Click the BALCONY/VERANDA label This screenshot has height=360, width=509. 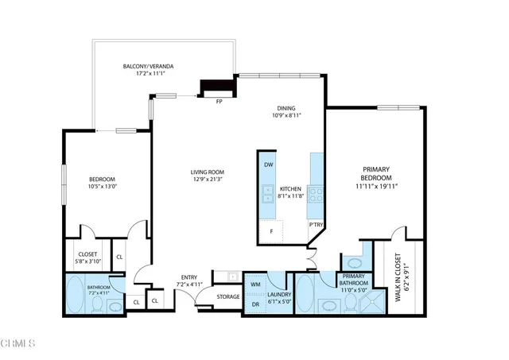pyautogui.click(x=148, y=66)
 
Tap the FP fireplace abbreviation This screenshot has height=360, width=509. pyautogui.click(x=219, y=101)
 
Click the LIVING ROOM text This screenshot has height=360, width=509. pyautogui.click(x=207, y=172)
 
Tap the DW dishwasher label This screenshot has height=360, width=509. pyautogui.click(x=269, y=165)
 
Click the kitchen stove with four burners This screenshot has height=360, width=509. pyautogui.click(x=316, y=192)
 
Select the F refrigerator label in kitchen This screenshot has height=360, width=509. pyautogui.click(x=272, y=231)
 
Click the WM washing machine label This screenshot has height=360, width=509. pyautogui.click(x=255, y=284)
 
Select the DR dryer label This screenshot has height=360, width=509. pyautogui.click(x=255, y=304)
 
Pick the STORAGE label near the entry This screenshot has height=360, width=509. pyautogui.click(x=228, y=296)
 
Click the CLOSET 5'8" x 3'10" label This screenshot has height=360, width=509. pyautogui.click(x=87, y=257)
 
